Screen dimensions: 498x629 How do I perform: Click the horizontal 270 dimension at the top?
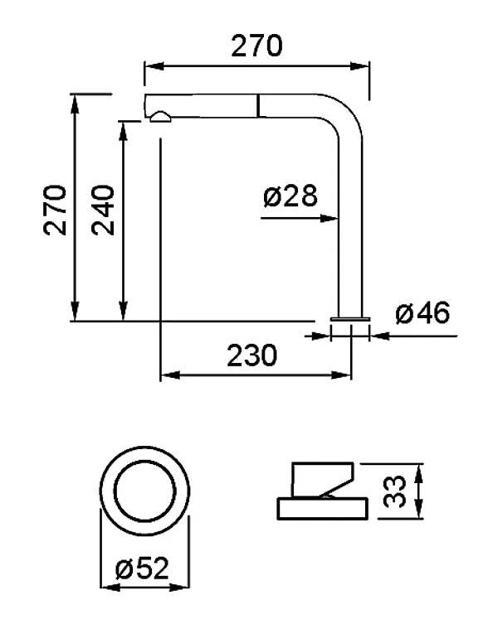coord(257,46)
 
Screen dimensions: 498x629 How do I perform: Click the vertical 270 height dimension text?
coord(55,210)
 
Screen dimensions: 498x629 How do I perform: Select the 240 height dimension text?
coord(102,210)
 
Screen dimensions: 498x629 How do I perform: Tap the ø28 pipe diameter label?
coord(290,196)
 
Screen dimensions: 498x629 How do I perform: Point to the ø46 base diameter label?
coord(422,313)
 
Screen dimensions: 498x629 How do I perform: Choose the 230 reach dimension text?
coord(251,356)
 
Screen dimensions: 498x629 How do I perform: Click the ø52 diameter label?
coord(142,568)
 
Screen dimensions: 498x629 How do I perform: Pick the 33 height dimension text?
coord(394,491)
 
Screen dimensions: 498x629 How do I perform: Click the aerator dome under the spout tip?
coord(161,117)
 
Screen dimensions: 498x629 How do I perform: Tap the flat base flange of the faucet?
coord(350,319)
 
